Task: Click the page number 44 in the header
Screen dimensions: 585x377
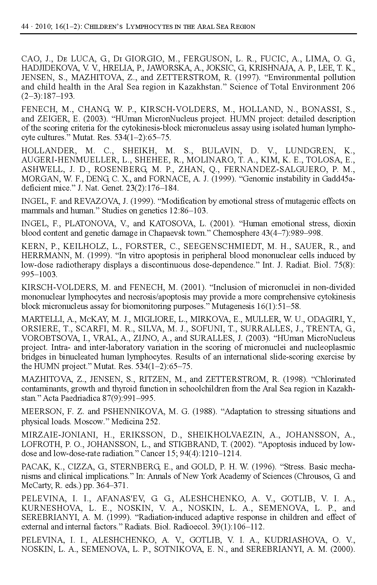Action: [x=24, y=26]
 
